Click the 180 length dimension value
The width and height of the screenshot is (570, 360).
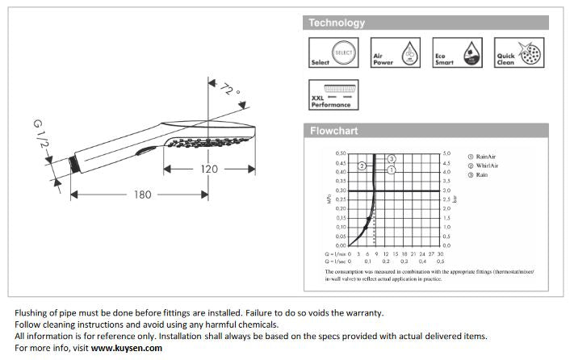[x=142, y=194]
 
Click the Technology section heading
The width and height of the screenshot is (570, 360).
[x=337, y=23]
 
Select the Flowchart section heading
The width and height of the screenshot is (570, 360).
[x=333, y=131]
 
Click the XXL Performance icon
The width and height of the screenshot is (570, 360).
[x=333, y=94]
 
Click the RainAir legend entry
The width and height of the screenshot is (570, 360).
[x=487, y=157]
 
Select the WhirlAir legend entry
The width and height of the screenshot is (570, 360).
[x=488, y=165]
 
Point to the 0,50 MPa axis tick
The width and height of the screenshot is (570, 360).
[x=340, y=153]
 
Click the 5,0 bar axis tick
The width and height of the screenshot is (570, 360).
[x=446, y=153]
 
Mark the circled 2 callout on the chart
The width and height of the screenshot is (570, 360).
[x=363, y=165]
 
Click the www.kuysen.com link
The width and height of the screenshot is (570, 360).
[x=127, y=348]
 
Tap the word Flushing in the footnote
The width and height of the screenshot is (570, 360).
[x=33, y=312]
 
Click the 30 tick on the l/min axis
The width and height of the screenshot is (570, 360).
[x=440, y=253]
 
